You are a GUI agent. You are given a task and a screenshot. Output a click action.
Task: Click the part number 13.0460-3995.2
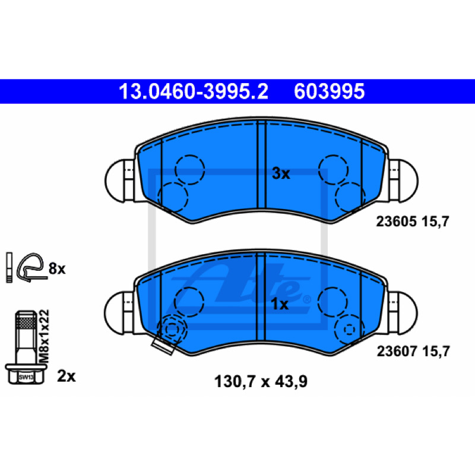click(x=194, y=91)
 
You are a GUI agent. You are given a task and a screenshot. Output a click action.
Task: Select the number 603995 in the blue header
click(x=330, y=91)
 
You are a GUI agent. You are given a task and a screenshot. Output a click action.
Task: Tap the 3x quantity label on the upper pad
click(x=281, y=173)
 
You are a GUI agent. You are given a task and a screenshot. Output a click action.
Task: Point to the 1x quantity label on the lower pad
click(x=280, y=304)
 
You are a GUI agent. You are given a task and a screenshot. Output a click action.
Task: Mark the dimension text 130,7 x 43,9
click(x=261, y=382)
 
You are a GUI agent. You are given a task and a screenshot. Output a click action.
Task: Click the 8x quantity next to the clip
click(x=57, y=268)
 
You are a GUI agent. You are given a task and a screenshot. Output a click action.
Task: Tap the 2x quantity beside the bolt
click(x=66, y=376)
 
